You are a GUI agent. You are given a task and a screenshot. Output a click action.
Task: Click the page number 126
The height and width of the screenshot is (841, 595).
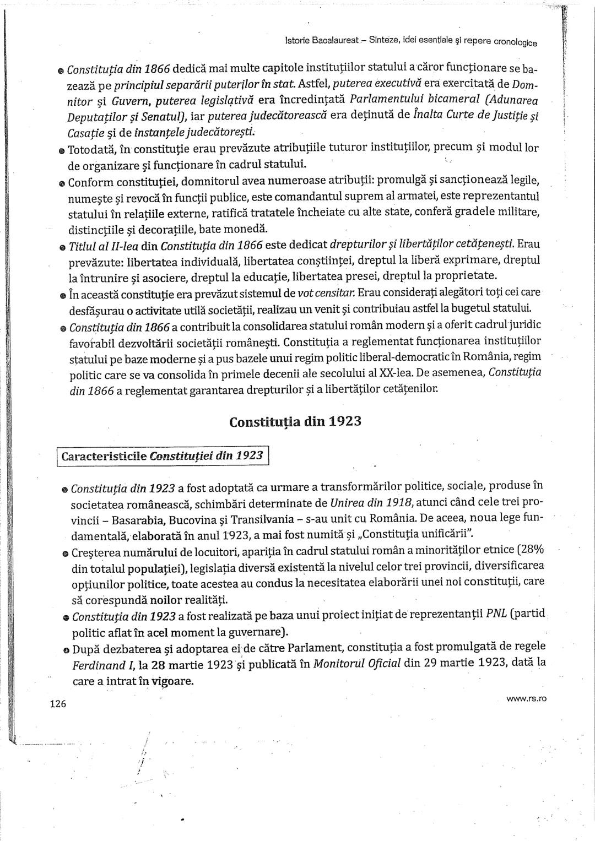tap(58, 704)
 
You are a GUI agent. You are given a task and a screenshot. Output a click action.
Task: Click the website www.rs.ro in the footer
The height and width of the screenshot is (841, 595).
tap(526, 699)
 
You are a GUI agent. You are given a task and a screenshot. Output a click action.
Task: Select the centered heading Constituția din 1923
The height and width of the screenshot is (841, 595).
tap(295, 422)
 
